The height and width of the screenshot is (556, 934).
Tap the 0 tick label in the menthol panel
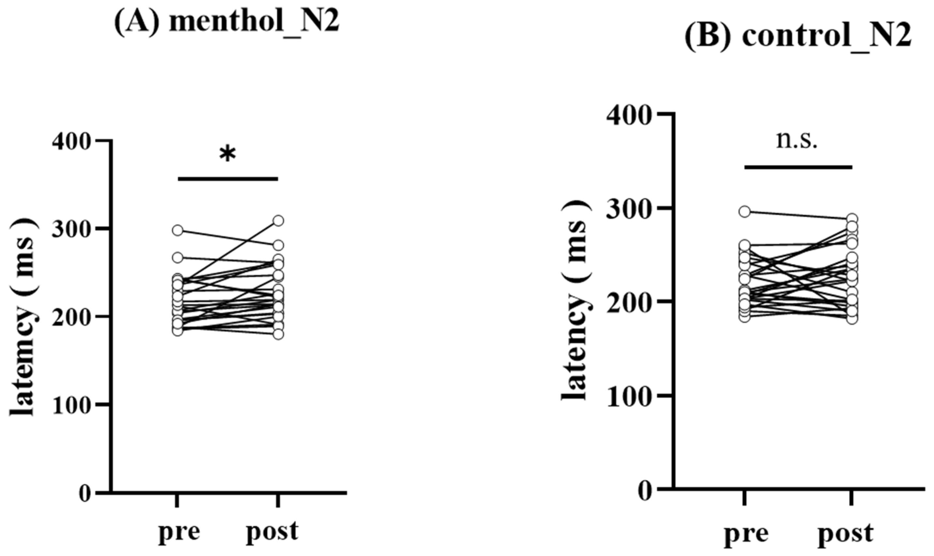tap(85, 494)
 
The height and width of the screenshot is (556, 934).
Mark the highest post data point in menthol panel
tap(278, 221)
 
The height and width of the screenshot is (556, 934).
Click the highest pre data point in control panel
tap(744, 212)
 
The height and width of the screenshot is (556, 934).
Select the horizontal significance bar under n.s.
tap(798, 167)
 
